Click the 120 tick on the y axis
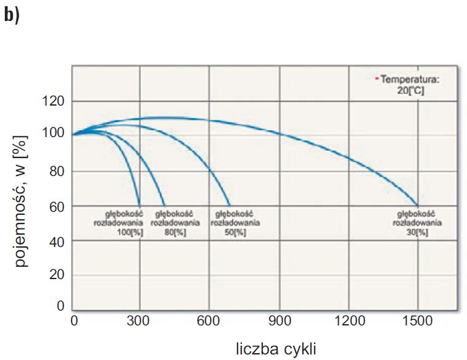tap(53, 101)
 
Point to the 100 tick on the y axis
tap(53, 133)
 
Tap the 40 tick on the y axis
tap(57, 242)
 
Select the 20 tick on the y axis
tap(57, 274)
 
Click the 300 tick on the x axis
tap(138, 321)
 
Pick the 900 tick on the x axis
tap(279, 321)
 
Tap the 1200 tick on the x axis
tap(350, 321)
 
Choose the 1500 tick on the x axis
tap(418, 321)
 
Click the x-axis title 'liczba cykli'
tap(276, 349)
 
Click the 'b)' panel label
tap(12, 15)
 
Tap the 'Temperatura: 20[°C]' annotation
tap(410, 85)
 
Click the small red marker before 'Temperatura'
tap(377, 78)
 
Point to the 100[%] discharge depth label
tap(118, 223)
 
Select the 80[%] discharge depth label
tap(175, 223)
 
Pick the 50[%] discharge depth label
tap(235, 223)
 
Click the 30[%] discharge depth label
tap(417, 223)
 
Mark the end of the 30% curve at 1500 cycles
tap(418, 206)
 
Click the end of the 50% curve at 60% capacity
tap(230, 206)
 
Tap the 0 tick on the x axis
tap(75, 321)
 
